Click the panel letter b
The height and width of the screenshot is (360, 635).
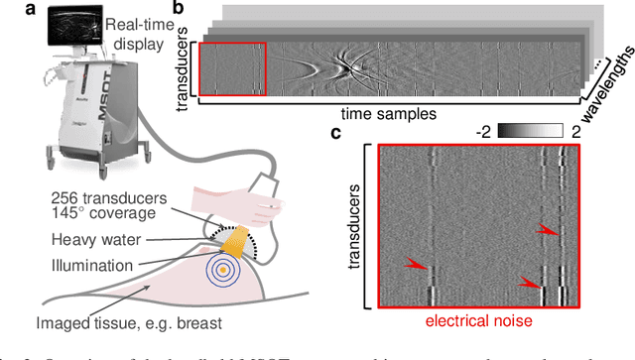coord(179,9)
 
